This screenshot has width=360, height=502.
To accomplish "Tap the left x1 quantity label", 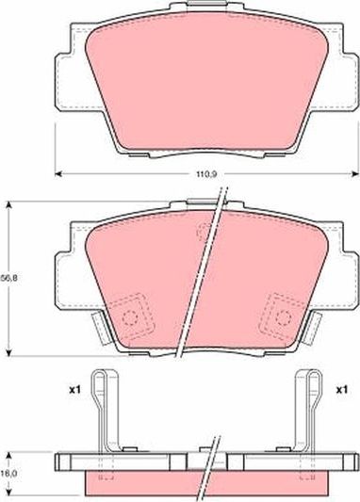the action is coord(74,390).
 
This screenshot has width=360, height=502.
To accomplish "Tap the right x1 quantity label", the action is coord(341,390).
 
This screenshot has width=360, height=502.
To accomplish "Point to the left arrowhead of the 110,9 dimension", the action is coord(58,174).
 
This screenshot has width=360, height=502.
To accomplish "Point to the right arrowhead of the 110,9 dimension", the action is coord(355,174).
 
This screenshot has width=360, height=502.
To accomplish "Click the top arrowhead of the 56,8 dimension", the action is coord(9,204).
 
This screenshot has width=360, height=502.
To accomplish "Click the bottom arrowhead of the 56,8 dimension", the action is coord(9,352).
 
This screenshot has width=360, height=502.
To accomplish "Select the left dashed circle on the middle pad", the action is coord(130,317).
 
